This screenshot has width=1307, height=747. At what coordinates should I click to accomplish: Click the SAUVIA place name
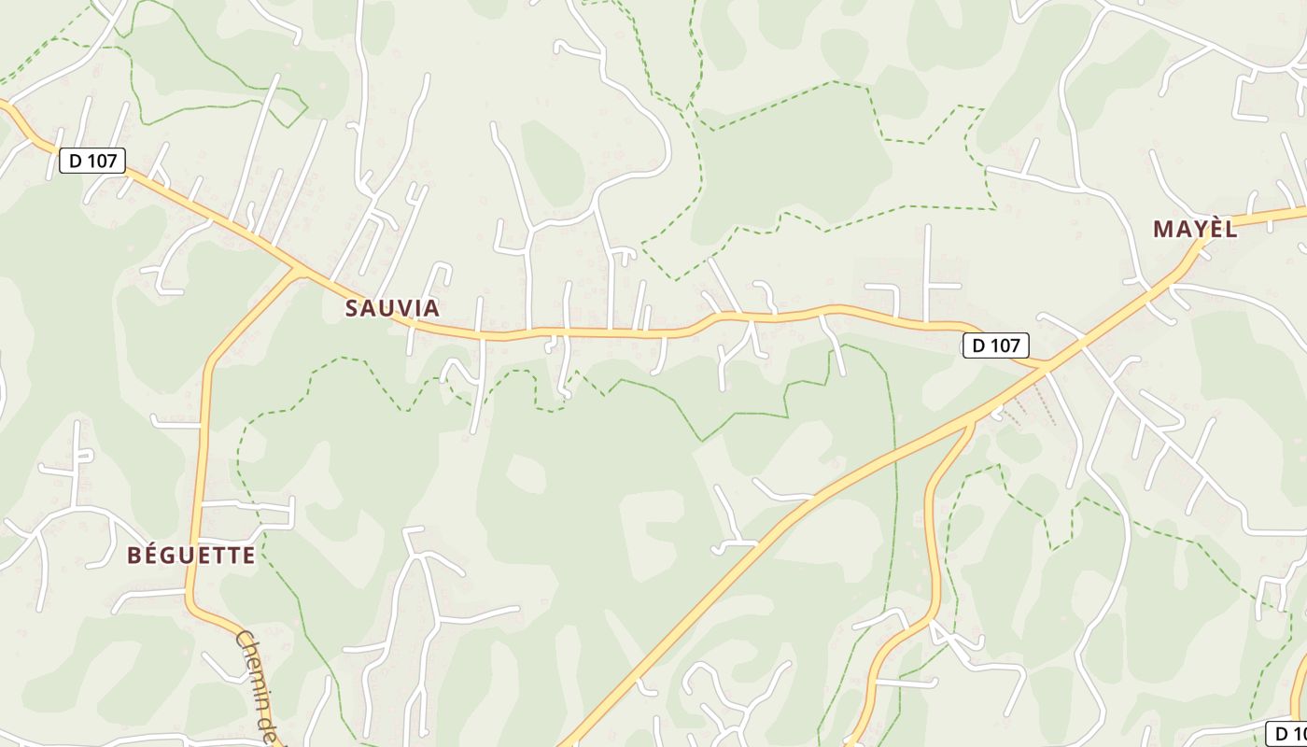[x=392, y=308]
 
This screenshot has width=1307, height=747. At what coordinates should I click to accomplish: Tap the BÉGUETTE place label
[x=190, y=556]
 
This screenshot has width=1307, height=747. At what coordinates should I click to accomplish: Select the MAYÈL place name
[x=1195, y=229]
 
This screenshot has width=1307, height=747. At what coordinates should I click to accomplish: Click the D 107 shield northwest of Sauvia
[x=92, y=161]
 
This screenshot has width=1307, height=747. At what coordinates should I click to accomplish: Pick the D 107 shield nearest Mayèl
[x=995, y=345]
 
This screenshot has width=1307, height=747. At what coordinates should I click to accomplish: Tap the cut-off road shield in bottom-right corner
[x=1286, y=734]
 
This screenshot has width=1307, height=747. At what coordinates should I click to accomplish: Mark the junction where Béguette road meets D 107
[x=297, y=271]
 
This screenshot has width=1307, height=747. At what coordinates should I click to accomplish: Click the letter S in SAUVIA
[x=352, y=308]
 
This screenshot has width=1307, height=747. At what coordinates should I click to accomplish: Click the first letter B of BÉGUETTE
[x=134, y=556]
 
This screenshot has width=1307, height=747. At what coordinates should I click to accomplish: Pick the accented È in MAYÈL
[x=1215, y=229]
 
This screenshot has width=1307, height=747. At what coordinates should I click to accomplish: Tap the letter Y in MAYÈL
[x=1199, y=229]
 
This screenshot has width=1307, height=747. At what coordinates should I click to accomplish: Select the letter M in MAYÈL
[x=1162, y=229]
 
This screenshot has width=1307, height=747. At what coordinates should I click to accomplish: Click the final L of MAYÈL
[x=1231, y=229]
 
